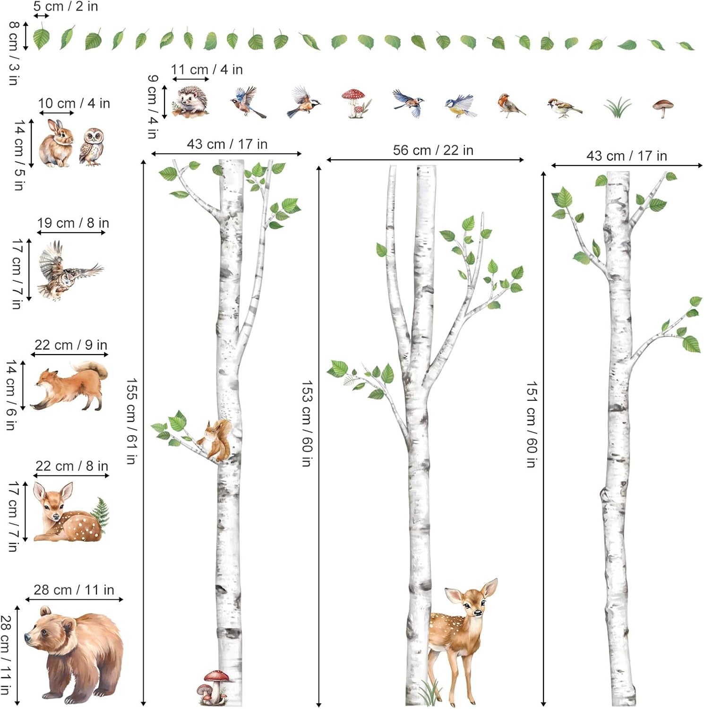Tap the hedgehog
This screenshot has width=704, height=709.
(x=190, y=101)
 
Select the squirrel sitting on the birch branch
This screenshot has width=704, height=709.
(x=215, y=440)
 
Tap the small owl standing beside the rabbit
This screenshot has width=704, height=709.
(x=91, y=147)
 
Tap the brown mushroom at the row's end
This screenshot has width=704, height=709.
(x=663, y=109)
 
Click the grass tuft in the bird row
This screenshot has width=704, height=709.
(x=618, y=107)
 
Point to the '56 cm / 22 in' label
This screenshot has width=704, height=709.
(x=433, y=150)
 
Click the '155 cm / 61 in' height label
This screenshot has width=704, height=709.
(x=131, y=421)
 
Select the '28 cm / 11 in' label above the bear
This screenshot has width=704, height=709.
(x=74, y=590)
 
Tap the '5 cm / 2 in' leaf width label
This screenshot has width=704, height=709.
(x=66, y=7)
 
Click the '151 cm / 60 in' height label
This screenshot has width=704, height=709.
(x=532, y=424)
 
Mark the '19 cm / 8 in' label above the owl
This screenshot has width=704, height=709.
(x=73, y=223)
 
